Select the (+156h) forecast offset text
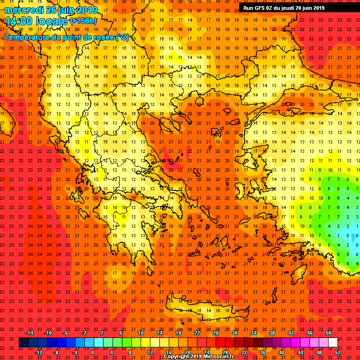click(x=83, y=21)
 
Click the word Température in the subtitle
click(x=28, y=37)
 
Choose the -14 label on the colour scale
click(x=29, y=333)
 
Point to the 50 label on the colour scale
click(x=328, y=333)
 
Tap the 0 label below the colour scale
click(x=92, y=352)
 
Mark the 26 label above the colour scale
click(x=216, y=333)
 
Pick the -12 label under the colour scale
click(x=39, y=352)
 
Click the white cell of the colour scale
click(x=333, y=343)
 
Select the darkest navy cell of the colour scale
click(x=23, y=343)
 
